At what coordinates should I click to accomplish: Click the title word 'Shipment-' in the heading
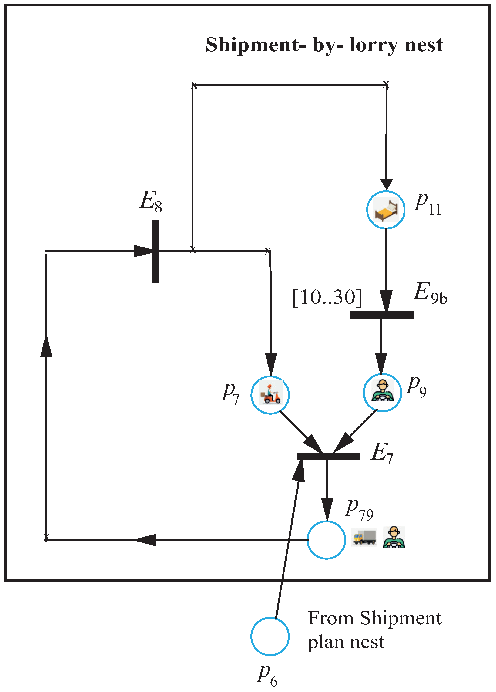pyautogui.click(x=255, y=45)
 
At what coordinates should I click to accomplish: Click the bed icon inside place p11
pyautogui.click(x=386, y=210)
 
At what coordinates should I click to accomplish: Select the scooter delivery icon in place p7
pyautogui.click(x=270, y=395)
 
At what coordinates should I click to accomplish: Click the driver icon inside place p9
pyautogui.click(x=383, y=392)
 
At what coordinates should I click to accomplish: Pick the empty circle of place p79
pyautogui.click(x=326, y=540)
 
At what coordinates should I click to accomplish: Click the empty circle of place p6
pyautogui.click(x=270, y=636)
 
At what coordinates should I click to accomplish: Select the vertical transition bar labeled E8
pyautogui.click(x=155, y=251)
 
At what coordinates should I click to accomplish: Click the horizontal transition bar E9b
pyautogui.click(x=381, y=315)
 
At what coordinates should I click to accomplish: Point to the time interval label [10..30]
pyautogui.click(x=327, y=297)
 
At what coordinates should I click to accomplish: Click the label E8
pyautogui.click(x=150, y=201)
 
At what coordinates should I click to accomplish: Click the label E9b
pyautogui.click(x=430, y=293)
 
